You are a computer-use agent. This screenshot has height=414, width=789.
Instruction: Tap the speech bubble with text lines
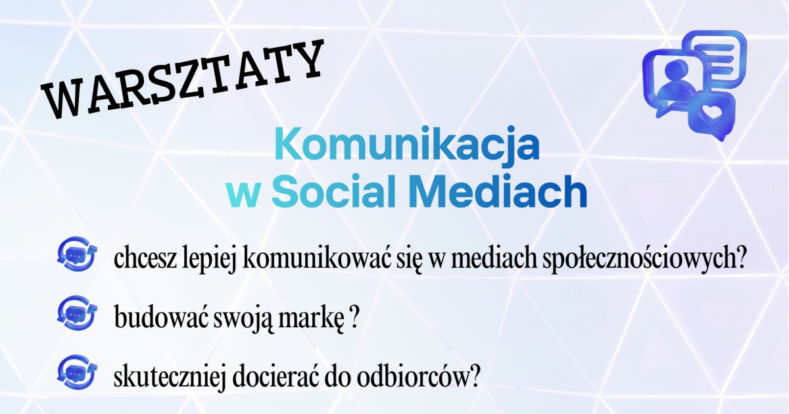point(713,57)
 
